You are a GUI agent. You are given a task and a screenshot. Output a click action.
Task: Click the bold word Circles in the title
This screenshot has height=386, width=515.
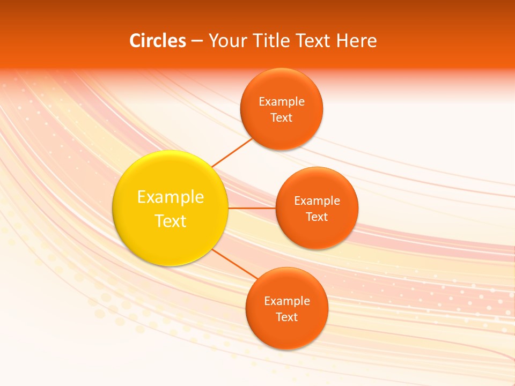coord(158,41)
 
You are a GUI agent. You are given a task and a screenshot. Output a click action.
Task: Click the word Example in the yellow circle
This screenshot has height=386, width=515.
coord(171,197)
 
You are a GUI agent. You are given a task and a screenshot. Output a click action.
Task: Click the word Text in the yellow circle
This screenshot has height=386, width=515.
coord(171,221)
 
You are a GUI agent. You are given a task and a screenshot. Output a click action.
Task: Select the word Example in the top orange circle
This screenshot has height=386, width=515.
coord(282,101)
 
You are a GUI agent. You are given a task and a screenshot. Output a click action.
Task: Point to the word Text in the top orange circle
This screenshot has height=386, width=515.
coord(282,117)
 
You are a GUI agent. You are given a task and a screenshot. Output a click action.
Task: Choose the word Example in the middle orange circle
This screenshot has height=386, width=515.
coord(317,201)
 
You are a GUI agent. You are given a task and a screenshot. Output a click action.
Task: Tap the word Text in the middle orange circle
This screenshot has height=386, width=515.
coord(317,217)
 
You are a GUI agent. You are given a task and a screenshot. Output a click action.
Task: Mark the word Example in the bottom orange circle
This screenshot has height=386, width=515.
coord(286,301)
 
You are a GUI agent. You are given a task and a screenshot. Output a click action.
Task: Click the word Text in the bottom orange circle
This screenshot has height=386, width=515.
coord(286,317)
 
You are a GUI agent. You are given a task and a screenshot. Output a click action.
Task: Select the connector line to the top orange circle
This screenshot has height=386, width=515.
coord(232,152)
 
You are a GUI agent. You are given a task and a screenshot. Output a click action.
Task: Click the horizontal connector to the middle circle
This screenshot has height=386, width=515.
coord(252,208)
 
